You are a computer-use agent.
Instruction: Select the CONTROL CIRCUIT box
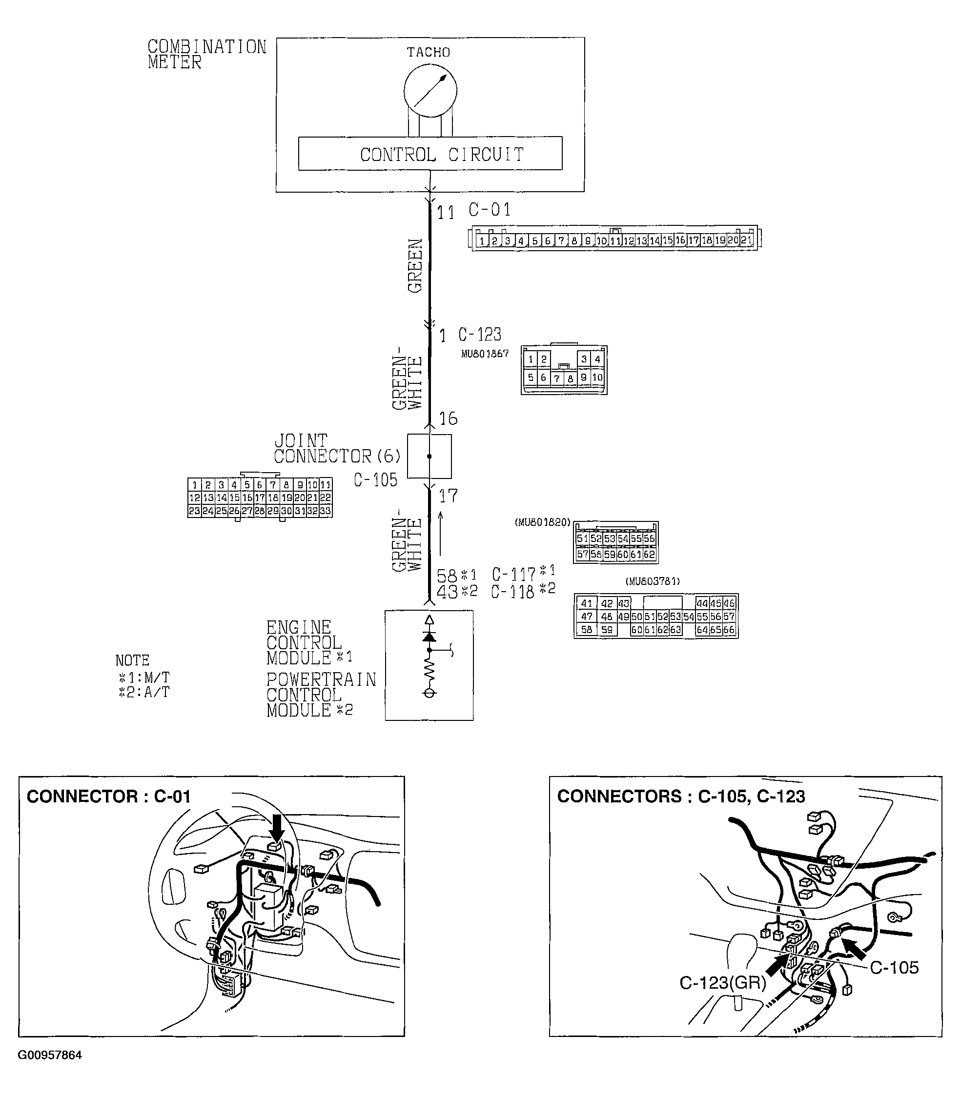click(x=430, y=154)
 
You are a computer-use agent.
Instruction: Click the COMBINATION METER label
click(x=206, y=54)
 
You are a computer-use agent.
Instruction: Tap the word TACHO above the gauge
click(x=428, y=52)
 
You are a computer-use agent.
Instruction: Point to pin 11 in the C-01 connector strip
click(x=614, y=241)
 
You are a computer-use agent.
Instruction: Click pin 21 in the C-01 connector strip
click(x=746, y=240)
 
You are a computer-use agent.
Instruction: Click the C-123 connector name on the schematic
click(x=479, y=335)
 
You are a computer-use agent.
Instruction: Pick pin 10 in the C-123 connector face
click(x=597, y=378)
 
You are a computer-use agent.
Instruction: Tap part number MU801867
click(x=485, y=354)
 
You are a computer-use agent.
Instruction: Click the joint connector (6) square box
click(x=429, y=456)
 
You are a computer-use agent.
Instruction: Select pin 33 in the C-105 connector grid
click(x=325, y=511)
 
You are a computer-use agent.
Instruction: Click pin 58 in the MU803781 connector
click(x=586, y=630)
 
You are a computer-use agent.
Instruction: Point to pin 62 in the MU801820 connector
click(x=649, y=555)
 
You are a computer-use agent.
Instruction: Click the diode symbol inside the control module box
click(x=429, y=636)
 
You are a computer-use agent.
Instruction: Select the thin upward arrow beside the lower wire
click(x=440, y=533)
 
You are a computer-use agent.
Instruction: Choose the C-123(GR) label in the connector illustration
click(x=722, y=983)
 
